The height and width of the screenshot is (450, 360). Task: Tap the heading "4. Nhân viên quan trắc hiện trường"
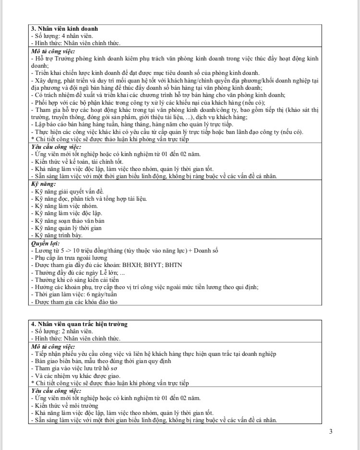(x=79, y=324)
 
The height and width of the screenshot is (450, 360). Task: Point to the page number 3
(x=331, y=431)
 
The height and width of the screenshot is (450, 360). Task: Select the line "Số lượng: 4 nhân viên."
(x=62, y=36)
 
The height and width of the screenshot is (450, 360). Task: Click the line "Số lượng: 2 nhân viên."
(x=62, y=331)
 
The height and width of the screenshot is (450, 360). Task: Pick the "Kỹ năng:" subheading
(x=44, y=184)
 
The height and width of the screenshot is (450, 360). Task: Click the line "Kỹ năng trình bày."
(x=57, y=235)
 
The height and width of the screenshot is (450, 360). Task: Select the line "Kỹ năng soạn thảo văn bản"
(x=67, y=220)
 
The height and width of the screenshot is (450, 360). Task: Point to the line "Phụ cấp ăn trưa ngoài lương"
(x=70, y=258)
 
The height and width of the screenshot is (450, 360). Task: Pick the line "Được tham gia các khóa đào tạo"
(x=74, y=302)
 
